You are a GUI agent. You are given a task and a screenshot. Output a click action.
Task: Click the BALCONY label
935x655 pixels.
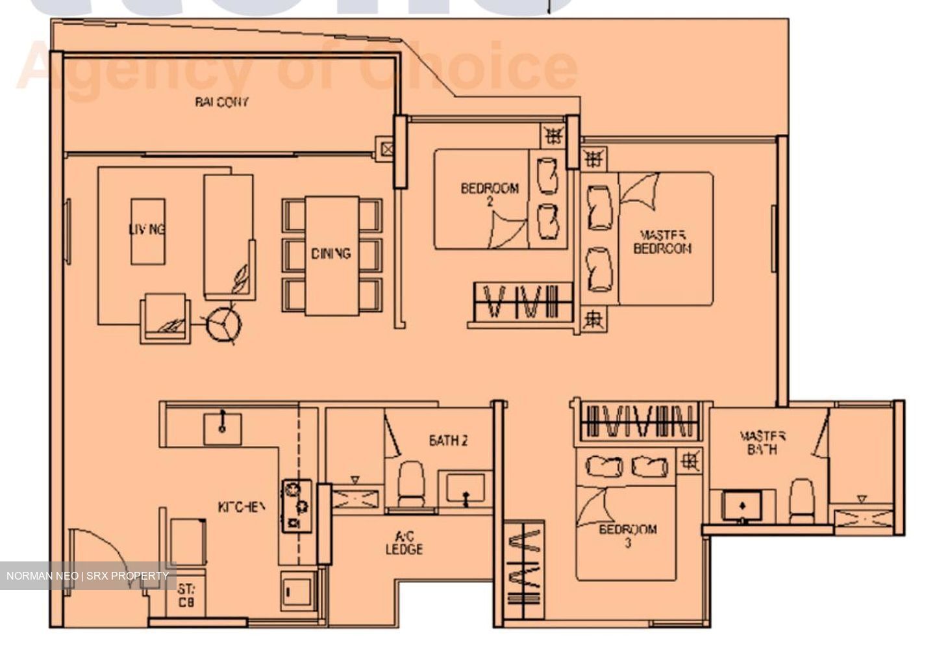[x=221, y=102]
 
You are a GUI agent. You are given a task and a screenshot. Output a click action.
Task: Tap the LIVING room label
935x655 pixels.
[x=147, y=229]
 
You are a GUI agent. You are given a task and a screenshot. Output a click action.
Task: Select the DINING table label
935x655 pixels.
[x=330, y=253]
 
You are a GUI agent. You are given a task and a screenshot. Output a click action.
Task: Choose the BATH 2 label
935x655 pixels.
[x=448, y=441]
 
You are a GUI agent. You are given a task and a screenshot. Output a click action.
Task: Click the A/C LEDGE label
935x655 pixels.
[x=404, y=543]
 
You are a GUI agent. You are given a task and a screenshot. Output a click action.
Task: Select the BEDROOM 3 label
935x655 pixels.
[x=627, y=535]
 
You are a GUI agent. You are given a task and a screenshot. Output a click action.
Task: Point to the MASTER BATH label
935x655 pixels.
[x=762, y=443]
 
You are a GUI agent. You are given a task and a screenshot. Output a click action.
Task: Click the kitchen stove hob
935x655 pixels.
[x=296, y=506]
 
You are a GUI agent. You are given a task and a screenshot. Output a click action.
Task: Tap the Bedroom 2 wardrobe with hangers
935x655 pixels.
[x=523, y=302]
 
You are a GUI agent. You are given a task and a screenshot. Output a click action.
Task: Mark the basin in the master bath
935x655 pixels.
[x=742, y=504]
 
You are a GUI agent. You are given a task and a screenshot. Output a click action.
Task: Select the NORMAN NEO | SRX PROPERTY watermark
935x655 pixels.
[x=88, y=576]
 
